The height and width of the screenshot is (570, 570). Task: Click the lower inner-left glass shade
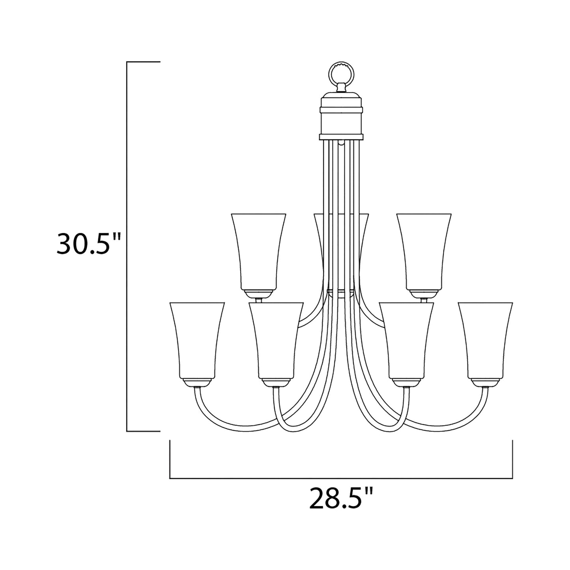click(x=276, y=339)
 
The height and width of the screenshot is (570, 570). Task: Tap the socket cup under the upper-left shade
click(x=258, y=294)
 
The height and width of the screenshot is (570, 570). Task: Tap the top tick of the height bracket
click(x=143, y=62)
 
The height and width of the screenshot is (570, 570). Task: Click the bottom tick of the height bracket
click(x=143, y=431)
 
